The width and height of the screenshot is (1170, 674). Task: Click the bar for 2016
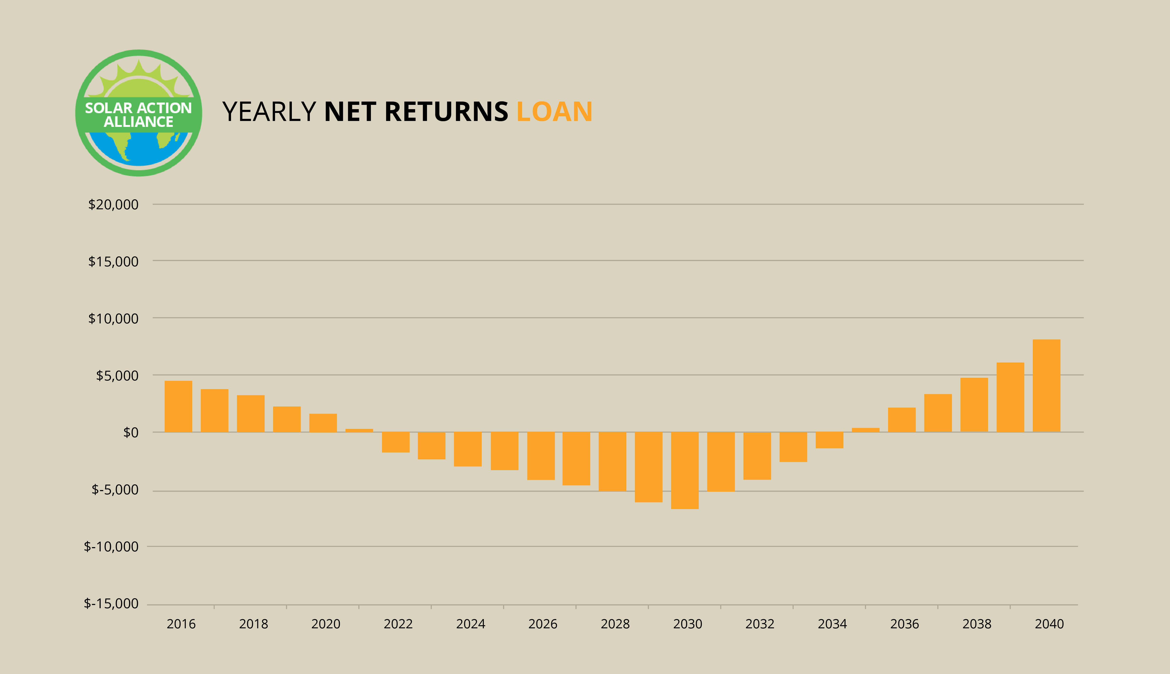(178, 406)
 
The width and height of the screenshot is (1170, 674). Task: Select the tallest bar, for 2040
(1046, 386)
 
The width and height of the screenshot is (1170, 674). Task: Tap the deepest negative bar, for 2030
(685, 470)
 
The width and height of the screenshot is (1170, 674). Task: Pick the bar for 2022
(396, 442)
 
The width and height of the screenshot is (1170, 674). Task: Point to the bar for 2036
(902, 420)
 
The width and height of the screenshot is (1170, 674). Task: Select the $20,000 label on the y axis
(113, 205)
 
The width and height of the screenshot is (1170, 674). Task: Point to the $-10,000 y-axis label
(111, 547)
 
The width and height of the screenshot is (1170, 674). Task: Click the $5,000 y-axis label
(117, 375)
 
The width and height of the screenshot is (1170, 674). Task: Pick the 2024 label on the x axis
(471, 624)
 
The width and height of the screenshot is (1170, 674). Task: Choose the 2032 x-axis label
(760, 624)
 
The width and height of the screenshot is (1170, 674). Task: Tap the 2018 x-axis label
(254, 624)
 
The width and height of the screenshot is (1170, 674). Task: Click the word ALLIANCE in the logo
(138, 122)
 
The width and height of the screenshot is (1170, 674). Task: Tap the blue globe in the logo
(139, 148)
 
